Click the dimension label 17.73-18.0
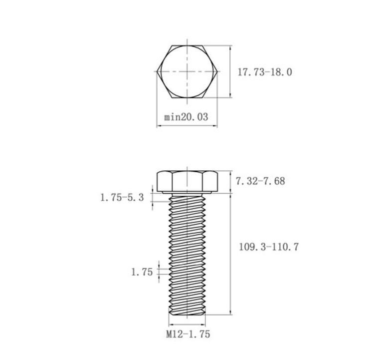(265, 72)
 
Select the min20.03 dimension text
(186, 117)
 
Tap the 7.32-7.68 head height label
(260, 181)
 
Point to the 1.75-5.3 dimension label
(122, 198)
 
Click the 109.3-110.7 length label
(269, 247)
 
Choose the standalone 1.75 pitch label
(142, 272)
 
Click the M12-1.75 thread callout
(188, 334)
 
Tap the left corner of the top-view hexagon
(157, 71)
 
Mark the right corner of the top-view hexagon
(217, 71)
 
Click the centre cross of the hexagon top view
(187, 71)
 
